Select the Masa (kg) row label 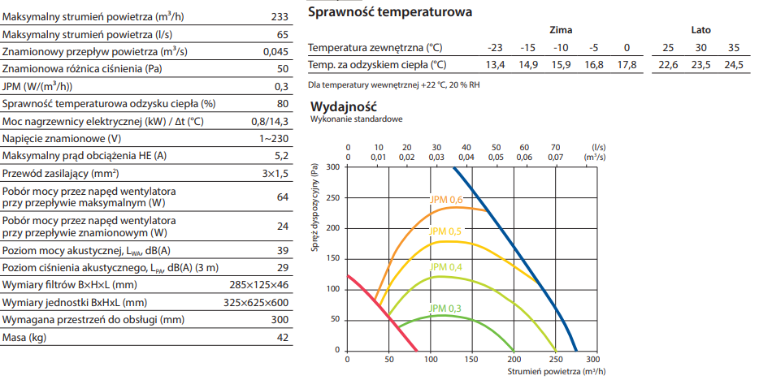(x=24, y=338)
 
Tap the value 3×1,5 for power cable (x=275, y=174)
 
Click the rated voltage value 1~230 (x=274, y=138)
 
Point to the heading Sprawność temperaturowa (x=390, y=12)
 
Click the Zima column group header (x=560, y=29)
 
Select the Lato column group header (x=700, y=29)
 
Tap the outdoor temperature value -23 (x=494, y=47)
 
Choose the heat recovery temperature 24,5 (x=734, y=65)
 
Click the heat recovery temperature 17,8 (x=627, y=65)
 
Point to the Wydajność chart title (x=345, y=106)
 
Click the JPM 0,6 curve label (x=446, y=200)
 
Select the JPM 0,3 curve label (x=446, y=308)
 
